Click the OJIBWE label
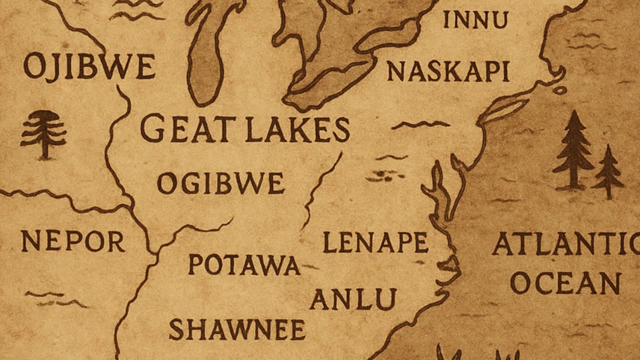(89, 67)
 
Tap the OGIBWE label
(220, 183)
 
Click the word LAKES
(297, 129)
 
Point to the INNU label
(475, 20)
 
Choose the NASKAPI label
(448, 71)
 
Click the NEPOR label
(73, 241)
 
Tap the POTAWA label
(244, 265)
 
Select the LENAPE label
(375, 242)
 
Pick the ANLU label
(353, 299)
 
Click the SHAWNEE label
(237, 330)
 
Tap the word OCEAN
(565, 283)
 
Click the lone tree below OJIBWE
(43, 134)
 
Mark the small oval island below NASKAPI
(559, 90)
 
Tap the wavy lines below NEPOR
(55, 299)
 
